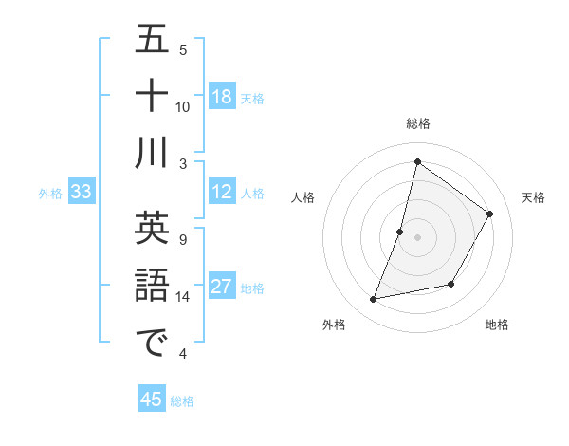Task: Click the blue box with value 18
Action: pyautogui.click(x=222, y=96)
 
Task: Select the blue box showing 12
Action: pyautogui.click(x=222, y=192)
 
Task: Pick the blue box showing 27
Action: pyautogui.click(x=222, y=287)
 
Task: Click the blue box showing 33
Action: pyautogui.click(x=82, y=192)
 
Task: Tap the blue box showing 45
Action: pyautogui.click(x=152, y=400)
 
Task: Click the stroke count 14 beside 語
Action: pyautogui.click(x=183, y=297)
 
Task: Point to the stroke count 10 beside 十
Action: pyautogui.click(x=183, y=106)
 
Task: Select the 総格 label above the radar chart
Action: pyautogui.click(x=417, y=123)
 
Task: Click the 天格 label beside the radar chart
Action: pyautogui.click(x=533, y=197)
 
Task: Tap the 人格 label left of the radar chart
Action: pyautogui.click(x=303, y=197)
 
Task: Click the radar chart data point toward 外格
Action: pyautogui.click(x=374, y=300)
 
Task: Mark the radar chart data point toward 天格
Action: pyautogui.click(x=489, y=214)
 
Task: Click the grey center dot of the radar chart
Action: pyautogui.click(x=417, y=237)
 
